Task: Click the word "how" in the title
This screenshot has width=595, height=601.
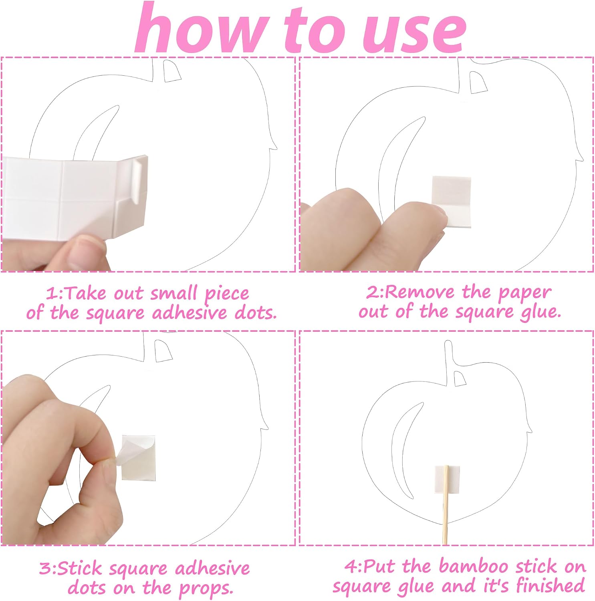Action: tap(200, 28)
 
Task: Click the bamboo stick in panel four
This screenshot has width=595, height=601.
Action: tap(446, 505)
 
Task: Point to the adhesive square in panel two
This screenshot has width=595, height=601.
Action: tap(452, 202)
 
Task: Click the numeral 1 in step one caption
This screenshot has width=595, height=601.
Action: tap(51, 294)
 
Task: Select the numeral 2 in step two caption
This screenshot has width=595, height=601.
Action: tap(372, 293)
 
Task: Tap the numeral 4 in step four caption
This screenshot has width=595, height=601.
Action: tap(351, 567)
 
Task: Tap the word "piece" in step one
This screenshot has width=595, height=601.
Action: tap(227, 294)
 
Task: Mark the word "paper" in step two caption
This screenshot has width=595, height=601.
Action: tap(524, 294)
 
